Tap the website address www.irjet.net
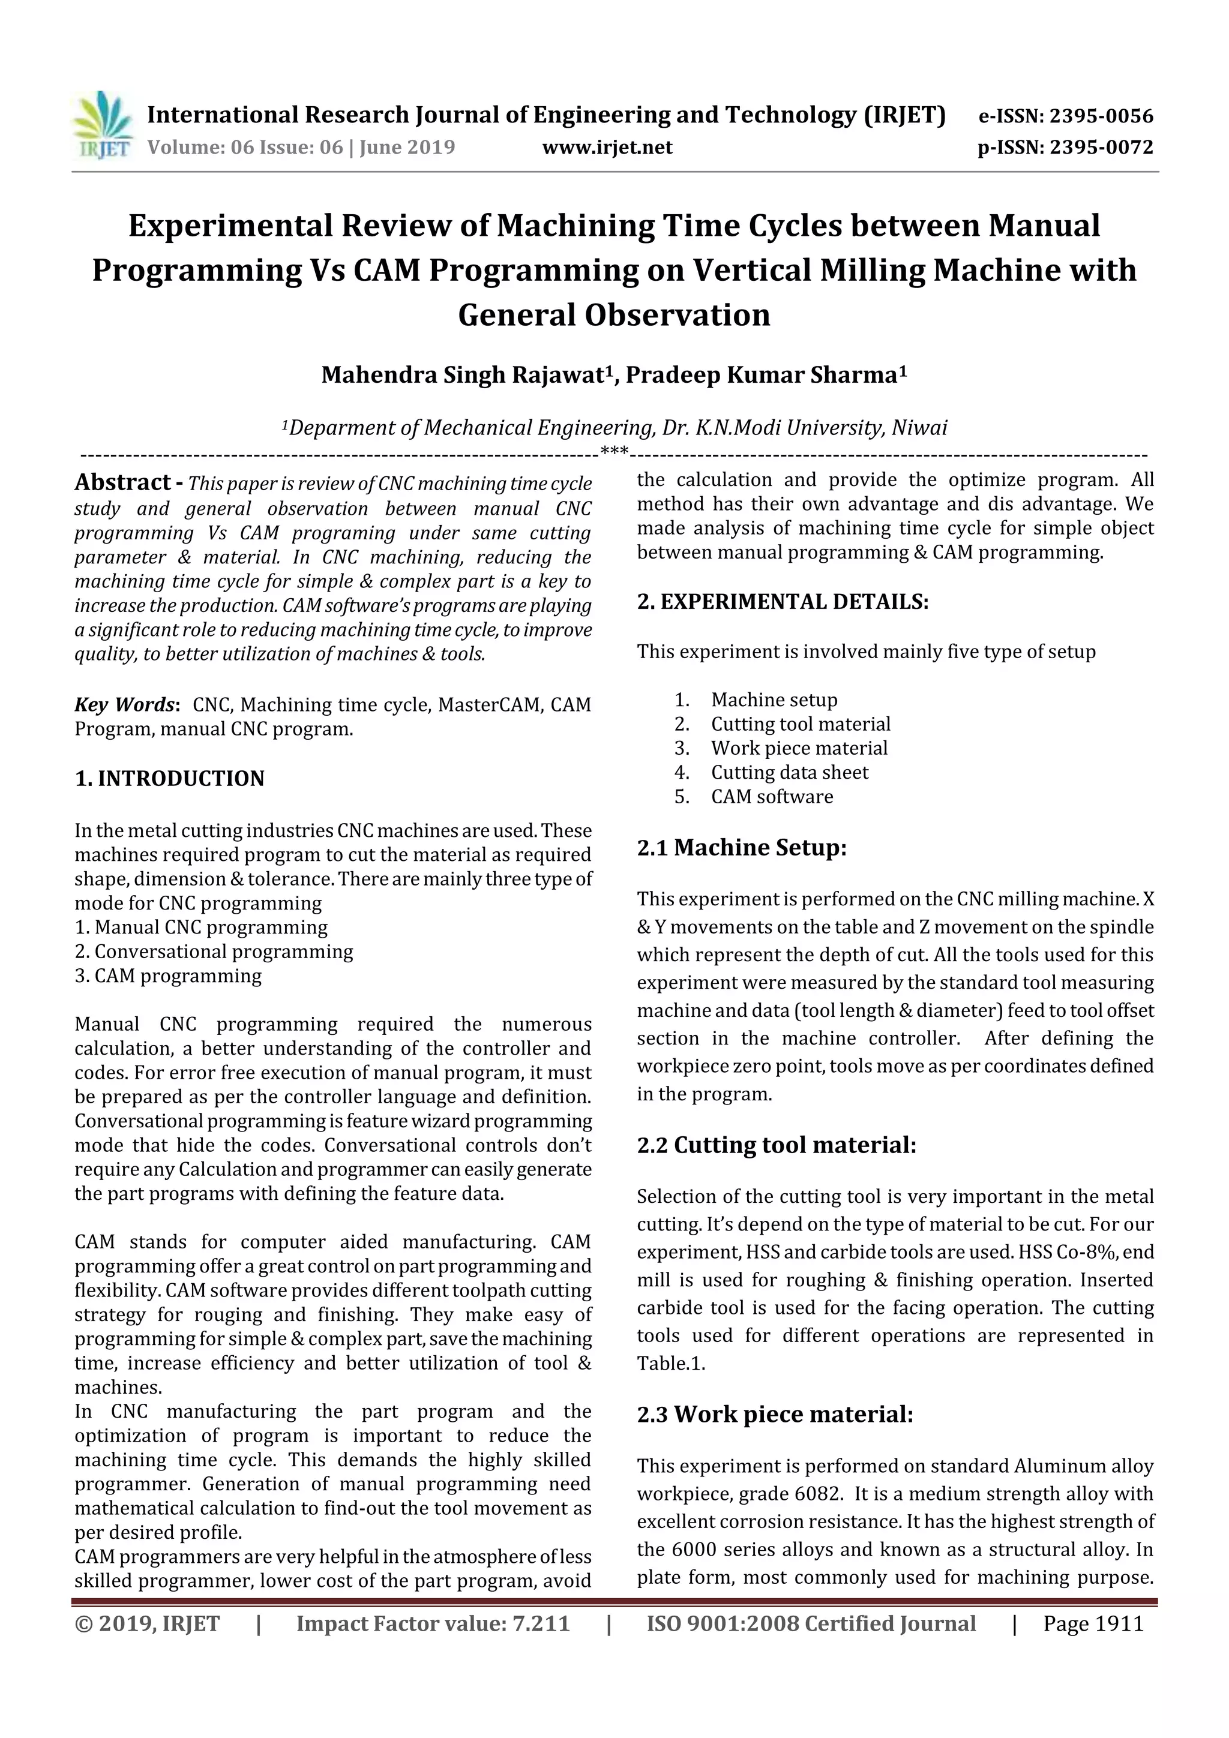click(x=607, y=148)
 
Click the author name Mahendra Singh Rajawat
click(x=466, y=375)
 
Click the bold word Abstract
click(x=122, y=482)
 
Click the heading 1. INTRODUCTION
click(x=170, y=779)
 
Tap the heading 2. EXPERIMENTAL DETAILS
click(x=783, y=602)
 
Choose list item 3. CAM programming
click(x=168, y=975)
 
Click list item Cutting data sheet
click(x=789, y=772)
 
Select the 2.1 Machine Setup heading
click(x=741, y=847)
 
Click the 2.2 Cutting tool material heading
click(x=776, y=1145)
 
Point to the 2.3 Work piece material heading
click(x=775, y=1415)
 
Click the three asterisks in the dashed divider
click(x=613, y=453)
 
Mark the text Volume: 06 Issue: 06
click(x=245, y=148)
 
